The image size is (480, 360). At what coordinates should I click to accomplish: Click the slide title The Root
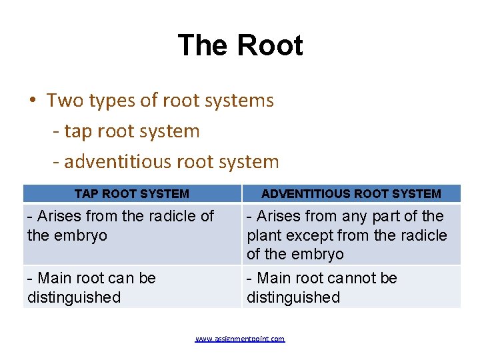[240, 46]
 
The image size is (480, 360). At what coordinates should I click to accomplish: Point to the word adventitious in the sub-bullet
[119, 162]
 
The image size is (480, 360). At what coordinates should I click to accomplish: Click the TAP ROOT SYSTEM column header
[132, 194]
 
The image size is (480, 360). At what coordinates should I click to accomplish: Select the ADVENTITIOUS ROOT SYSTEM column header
[351, 194]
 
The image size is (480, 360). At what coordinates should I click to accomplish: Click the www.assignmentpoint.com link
[240, 339]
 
